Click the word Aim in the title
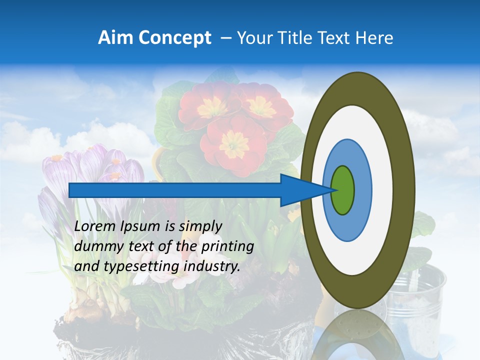[x=116, y=38]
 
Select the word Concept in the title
[x=174, y=38]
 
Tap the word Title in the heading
[x=299, y=38]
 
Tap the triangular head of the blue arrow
[x=305, y=190]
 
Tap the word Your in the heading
[x=254, y=38]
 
